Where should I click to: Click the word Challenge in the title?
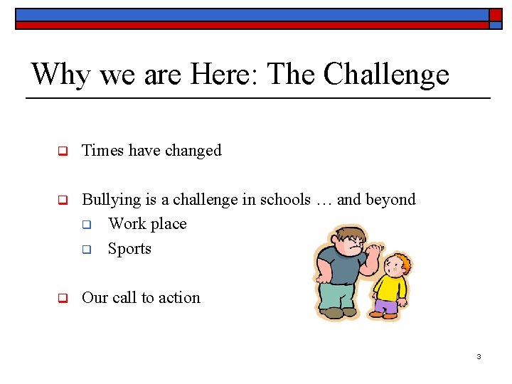tap(386, 75)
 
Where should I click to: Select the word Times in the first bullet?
tap(102, 151)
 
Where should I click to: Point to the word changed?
tap(193, 151)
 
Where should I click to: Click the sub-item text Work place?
tap(147, 224)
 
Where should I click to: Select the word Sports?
tap(129, 249)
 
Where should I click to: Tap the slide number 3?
tap(479, 356)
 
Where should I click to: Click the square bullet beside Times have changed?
tap(62, 151)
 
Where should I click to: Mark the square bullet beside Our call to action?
tap(62, 299)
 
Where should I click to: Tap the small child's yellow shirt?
tap(389, 287)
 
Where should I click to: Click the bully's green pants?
tap(334, 295)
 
